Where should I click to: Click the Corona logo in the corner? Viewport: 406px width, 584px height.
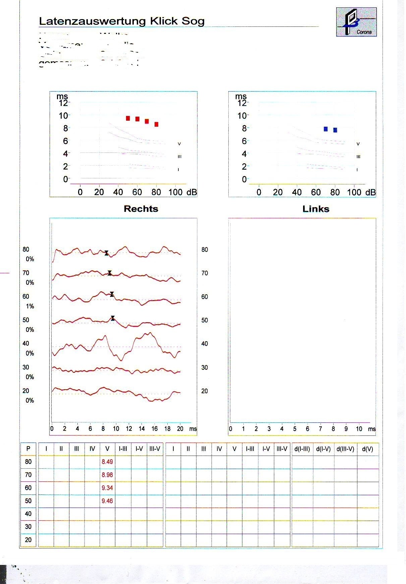tap(356, 22)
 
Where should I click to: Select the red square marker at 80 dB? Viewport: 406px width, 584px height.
tap(156, 124)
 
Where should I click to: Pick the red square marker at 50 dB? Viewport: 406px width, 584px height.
tap(128, 118)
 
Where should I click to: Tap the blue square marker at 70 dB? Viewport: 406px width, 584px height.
tap(326, 129)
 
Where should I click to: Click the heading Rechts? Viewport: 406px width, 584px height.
tap(141, 209)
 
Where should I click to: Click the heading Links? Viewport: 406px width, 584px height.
tap(316, 209)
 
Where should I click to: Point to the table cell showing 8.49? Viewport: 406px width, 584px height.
tap(107, 462)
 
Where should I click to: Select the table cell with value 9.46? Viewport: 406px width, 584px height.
tap(107, 501)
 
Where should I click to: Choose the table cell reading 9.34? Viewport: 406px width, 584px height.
tap(107, 488)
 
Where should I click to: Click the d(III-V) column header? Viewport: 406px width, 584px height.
tap(345, 449)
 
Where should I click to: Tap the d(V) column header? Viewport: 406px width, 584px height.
tap(367, 449)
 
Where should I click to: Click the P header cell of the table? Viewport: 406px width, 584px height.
tap(28, 449)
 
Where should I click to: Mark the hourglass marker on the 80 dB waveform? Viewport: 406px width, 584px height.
tap(106, 253)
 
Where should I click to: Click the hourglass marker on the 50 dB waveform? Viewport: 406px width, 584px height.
tap(113, 318)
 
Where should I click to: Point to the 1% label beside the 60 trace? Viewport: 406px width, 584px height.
tap(30, 306)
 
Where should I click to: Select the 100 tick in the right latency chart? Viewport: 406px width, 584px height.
tap(354, 192)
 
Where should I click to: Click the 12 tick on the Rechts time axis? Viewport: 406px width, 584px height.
tap(129, 428)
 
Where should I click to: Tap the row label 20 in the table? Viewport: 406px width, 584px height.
tap(28, 540)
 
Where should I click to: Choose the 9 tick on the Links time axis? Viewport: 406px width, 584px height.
tap(346, 429)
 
